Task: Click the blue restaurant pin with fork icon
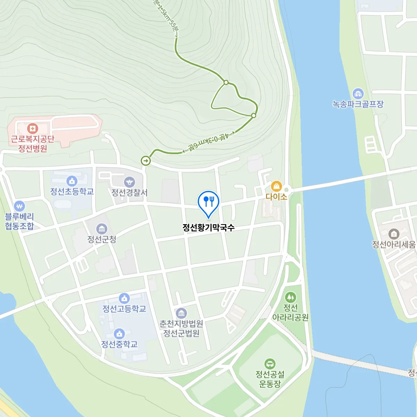coord(208,202)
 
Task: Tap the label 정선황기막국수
coord(208,228)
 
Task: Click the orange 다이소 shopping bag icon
coord(276,186)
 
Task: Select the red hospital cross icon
coord(32,128)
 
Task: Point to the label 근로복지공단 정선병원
coord(33,144)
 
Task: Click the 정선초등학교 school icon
coord(72,181)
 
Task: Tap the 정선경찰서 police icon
coord(129,182)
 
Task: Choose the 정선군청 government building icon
coord(101,229)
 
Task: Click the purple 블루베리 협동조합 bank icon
coord(19,206)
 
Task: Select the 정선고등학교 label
coord(124,309)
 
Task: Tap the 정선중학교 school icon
coord(119,334)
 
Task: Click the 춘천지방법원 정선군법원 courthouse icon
coord(181,313)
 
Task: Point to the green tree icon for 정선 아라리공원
coord(291,297)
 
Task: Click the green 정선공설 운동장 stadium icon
coord(270,364)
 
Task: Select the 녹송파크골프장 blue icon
coord(358,93)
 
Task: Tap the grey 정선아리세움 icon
coord(393,234)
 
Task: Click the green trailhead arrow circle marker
coord(146,161)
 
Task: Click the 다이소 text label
coord(276,197)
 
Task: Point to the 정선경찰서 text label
coord(129,193)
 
